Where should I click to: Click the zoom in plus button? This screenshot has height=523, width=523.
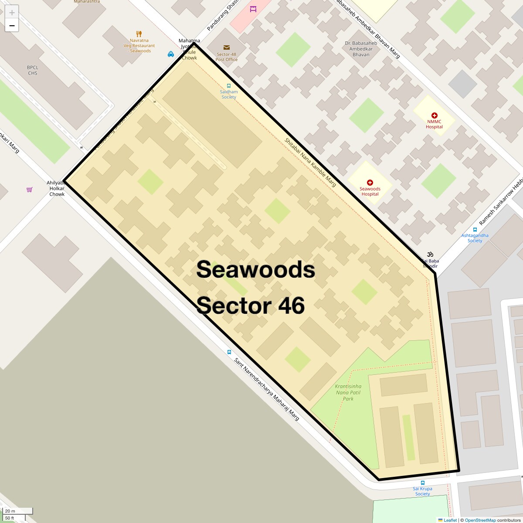pos(12,12)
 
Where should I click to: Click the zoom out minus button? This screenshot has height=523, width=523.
pos(12,26)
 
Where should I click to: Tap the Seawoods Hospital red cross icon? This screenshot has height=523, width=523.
pos(370,183)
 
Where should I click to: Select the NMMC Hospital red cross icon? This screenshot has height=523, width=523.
pos(434,115)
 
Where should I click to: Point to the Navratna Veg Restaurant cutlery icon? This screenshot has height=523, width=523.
pos(139,34)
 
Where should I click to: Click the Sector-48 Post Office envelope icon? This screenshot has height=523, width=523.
pos(227,48)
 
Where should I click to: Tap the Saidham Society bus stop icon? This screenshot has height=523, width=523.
pos(229,86)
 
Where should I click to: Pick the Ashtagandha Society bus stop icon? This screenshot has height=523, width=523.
pos(475,230)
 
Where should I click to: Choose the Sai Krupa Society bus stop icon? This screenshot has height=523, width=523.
pos(423,483)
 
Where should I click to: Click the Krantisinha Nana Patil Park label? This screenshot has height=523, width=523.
pos(348,392)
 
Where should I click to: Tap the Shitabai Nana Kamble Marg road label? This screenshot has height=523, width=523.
pos(310,162)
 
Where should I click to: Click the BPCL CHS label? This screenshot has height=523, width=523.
pos(33,70)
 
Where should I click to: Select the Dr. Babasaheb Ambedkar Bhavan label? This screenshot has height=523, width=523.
pos(361,49)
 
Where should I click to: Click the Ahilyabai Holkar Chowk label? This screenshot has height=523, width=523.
pos(57,189)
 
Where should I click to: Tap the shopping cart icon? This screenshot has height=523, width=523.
pos(30,190)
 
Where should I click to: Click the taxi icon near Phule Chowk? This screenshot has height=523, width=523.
pos(171,54)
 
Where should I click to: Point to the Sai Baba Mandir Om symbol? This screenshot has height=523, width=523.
pos(430,254)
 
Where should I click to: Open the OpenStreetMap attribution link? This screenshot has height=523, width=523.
pos(480,520)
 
